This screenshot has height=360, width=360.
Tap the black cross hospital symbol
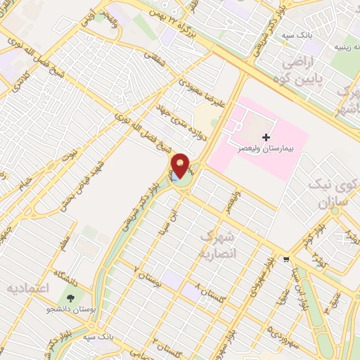265,136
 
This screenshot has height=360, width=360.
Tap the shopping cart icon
286,258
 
